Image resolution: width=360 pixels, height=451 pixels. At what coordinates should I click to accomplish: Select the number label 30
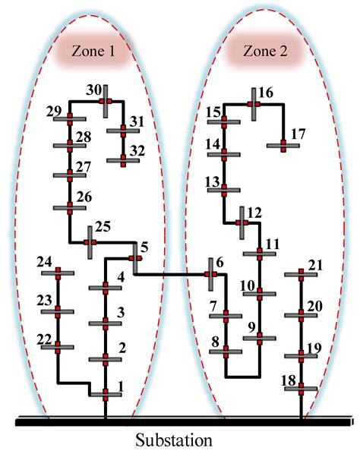[93, 90]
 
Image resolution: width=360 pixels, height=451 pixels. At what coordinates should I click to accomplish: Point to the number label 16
[265, 93]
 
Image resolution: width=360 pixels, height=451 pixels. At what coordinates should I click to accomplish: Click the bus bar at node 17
[283, 145]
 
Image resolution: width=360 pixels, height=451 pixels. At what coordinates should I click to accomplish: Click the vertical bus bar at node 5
[134, 258]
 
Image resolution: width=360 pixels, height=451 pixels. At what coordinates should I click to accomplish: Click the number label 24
[44, 263]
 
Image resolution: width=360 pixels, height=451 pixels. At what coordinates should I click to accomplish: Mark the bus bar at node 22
[57, 347]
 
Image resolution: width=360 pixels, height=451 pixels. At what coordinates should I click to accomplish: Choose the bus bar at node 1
[106, 394]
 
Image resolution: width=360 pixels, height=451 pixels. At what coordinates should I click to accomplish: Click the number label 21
[314, 264]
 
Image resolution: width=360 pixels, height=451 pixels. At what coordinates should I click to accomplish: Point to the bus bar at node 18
[301, 389]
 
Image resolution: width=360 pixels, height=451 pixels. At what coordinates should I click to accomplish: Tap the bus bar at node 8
[226, 352]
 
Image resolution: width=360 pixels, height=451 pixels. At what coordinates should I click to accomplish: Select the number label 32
[137, 150]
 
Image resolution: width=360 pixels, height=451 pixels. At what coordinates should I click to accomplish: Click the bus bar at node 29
[70, 118]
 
